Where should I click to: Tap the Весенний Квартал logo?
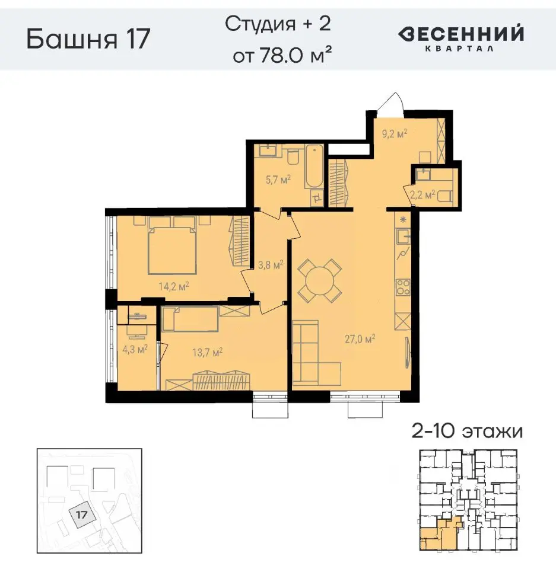[x=460, y=38]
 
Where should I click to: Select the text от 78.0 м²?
[x=281, y=56]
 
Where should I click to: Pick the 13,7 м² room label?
[x=208, y=353]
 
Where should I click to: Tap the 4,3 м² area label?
[x=134, y=350]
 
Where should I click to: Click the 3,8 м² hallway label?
[x=269, y=266]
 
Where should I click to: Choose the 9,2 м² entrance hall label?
[x=393, y=134]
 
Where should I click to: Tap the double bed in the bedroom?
[x=172, y=246]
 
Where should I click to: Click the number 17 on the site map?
[x=82, y=514]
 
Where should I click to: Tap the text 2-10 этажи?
[x=468, y=431]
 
